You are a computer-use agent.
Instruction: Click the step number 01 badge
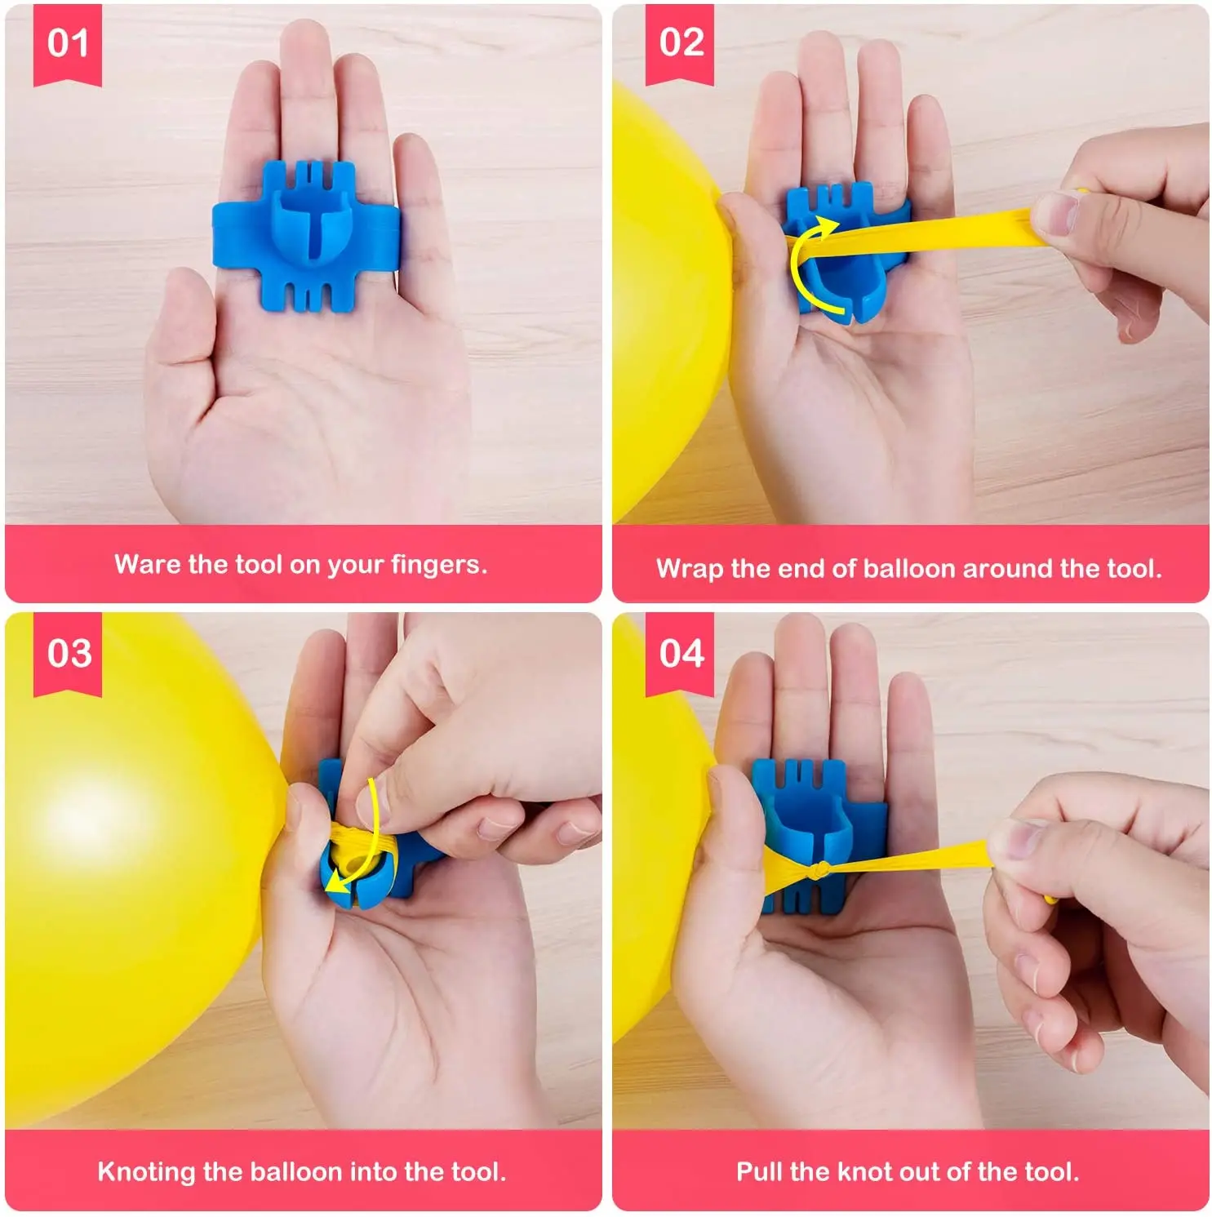[67, 42]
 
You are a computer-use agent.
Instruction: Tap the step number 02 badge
[681, 42]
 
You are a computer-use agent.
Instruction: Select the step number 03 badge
[69, 653]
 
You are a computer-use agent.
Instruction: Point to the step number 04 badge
[681, 653]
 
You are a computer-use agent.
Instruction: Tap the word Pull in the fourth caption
[759, 1172]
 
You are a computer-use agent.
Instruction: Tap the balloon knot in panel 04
[824, 868]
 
